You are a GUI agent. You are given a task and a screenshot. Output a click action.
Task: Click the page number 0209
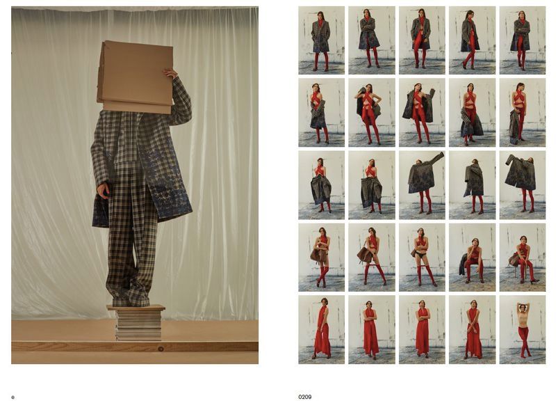[x=304, y=397]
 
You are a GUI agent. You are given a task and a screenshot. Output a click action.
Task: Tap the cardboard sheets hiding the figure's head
[x=135, y=77]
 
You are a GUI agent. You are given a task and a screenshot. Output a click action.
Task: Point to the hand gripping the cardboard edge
[x=170, y=74]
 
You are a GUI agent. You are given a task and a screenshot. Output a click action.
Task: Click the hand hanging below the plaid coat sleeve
[x=103, y=191]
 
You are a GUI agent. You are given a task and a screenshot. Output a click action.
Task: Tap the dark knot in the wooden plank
[x=161, y=349]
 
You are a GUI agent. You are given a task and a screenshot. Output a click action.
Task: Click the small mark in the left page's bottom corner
[x=13, y=397]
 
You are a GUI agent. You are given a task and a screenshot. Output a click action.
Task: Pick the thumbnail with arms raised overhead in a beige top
[x=523, y=329]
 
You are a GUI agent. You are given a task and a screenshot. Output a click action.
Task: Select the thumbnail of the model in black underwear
[x=422, y=257]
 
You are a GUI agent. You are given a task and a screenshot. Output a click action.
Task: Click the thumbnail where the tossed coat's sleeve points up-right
[x=422, y=185]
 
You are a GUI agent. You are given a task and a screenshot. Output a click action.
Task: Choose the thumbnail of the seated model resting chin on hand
[x=472, y=257]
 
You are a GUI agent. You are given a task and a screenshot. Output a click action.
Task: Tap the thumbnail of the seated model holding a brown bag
[x=523, y=257]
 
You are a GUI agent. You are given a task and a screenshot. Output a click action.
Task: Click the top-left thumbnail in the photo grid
[x=321, y=40]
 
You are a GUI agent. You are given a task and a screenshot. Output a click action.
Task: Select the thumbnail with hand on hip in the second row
[x=372, y=113]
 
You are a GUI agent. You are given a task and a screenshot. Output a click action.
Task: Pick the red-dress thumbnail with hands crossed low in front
[x=472, y=329]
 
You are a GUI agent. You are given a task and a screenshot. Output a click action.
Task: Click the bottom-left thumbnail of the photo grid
[x=321, y=329]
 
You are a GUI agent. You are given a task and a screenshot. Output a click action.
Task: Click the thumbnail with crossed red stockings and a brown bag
[x=321, y=257]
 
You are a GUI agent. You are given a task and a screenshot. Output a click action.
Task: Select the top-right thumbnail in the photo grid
[x=523, y=40]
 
